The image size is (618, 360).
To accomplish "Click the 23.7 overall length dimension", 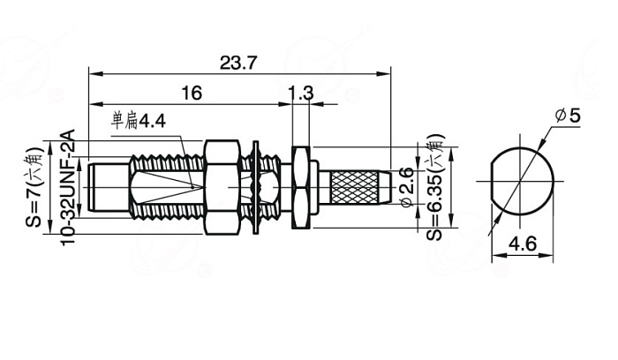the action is pyautogui.click(x=238, y=63).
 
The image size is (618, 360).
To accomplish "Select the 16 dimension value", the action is pyautogui.click(x=192, y=94).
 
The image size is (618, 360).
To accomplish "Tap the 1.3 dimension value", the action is pyautogui.click(x=301, y=94).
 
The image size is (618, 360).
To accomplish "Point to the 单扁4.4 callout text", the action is pyautogui.click(x=139, y=121).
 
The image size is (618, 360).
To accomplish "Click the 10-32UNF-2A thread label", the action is pyautogui.click(x=67, y=187).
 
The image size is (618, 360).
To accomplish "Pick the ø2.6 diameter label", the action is pyautogui.click(x=406, y=187).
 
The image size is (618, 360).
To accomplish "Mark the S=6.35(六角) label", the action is pyautogui.click(x=434, y=187).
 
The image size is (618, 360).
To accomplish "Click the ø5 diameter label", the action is pyautogui.click(x=568, y=116).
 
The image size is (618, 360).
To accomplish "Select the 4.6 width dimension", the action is pyautogui.click(x=523, y=244).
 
